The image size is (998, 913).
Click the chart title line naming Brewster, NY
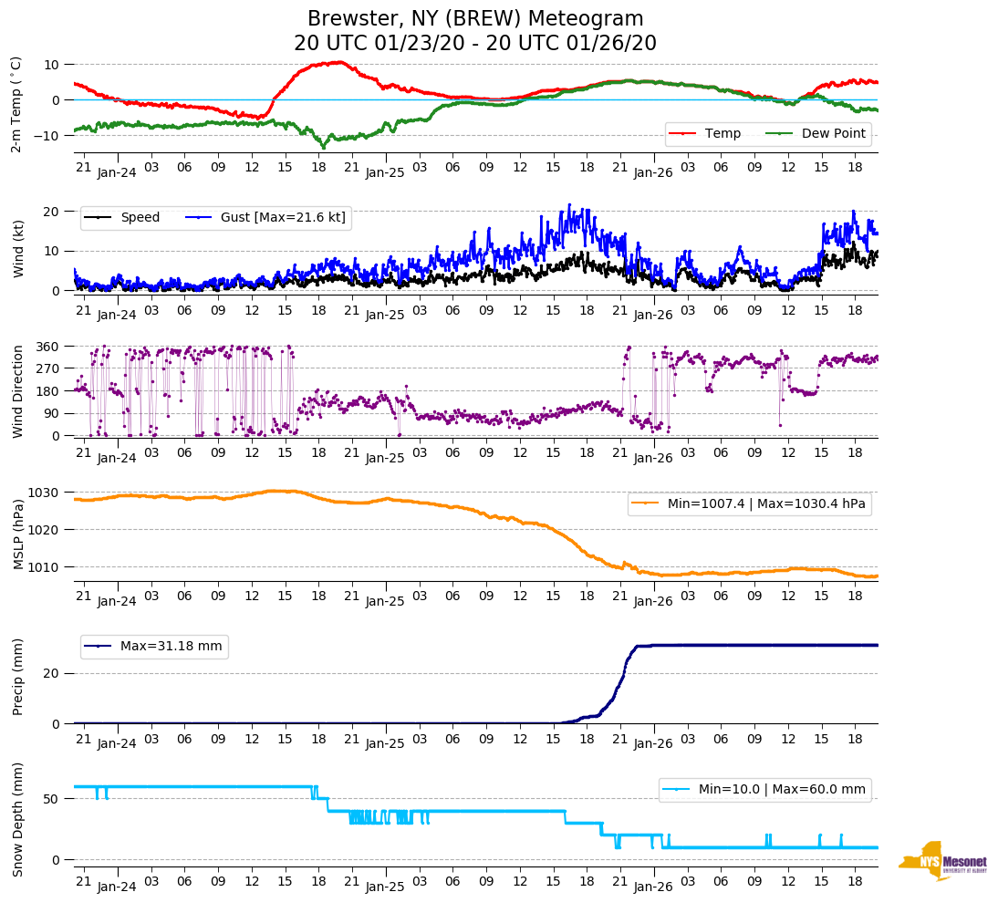(x=474, y=19)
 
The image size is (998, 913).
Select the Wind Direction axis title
(x=18, y=390)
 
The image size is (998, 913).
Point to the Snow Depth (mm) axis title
(x=18, y=819)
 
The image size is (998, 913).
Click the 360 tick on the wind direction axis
(x=47, y=347)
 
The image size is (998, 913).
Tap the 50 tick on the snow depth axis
(x=53, y=799)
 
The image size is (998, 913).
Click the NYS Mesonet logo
(x=942, y=860)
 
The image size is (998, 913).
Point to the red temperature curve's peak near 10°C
(x=338, y=62)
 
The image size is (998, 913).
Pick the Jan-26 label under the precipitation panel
(x=653, y=743)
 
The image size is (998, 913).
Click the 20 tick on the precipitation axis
(x=53, y=673)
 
